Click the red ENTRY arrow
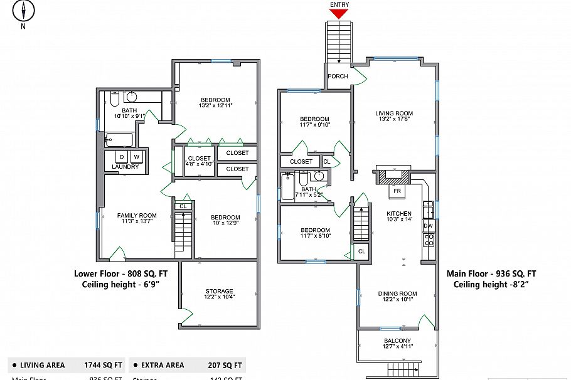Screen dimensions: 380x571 pyautogui.click(x=339, y=13)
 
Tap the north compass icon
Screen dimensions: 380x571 pyautogui.click(x=24, y=11)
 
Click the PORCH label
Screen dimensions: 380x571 pyautogui.click(x=338, y=77)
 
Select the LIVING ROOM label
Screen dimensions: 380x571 pyautogui.click(x=394, y=113)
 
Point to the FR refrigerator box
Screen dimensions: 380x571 pyautogui.click(x=397, y=190)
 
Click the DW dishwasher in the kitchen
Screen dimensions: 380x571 pyautogui.click(x=429, y=225)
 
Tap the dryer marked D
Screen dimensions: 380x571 pyautogui.click(x=122, y=156)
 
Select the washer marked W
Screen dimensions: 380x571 pyautogui.click(x=136, y=156)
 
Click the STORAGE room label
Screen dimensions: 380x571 pyautogui.click(x=219, y=291)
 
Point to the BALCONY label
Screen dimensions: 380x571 pyautogui.click(x=398, y=341)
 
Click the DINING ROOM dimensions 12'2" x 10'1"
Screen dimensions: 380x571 pyautogui.click(x=397, y=299)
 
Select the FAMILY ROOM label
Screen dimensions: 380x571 pyautogui.click(x=137, y=216)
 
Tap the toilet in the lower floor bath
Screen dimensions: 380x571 pyautogui.click(x=115, y=98)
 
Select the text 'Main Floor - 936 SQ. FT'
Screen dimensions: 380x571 pyautogui.click(x=491, y=273)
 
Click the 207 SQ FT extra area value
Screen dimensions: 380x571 pyautogui.click(x=225, y=365)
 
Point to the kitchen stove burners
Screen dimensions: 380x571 pyautogui.click(x=430, y=240)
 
